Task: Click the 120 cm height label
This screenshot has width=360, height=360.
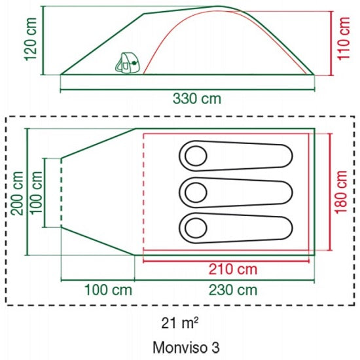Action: (30, 39)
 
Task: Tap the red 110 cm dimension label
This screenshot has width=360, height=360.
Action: (344, 39)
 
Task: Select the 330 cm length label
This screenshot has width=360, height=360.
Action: (197, 99)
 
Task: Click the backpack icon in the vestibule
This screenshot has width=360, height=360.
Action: (128, 63)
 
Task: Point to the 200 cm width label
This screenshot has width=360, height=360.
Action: (18, 193)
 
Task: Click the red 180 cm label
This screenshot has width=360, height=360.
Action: (341, 192)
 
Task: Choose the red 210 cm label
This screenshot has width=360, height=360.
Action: (233, 269)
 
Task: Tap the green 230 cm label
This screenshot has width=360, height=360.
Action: (233, 290)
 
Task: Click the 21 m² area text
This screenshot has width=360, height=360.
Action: (179, 323)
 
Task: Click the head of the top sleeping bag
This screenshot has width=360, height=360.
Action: (196, 156)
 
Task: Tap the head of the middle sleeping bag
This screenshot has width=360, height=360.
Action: (196, 192)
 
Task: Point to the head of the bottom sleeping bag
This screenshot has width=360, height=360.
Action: (196, 228)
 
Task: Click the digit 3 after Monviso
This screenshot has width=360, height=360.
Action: (215, 348)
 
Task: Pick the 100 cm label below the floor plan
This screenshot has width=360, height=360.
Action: (109, 290)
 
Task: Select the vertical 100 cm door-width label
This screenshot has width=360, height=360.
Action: (36, 193)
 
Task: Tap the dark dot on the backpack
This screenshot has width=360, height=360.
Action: (134, 63)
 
